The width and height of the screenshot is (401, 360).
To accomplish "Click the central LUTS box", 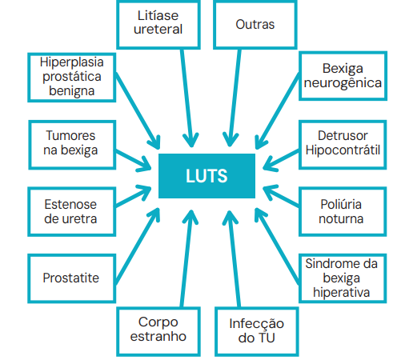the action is tap(207, 176).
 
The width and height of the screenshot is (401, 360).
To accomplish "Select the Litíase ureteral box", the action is tap(158, 25).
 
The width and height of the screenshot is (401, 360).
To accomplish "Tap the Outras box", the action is tap(255, 25).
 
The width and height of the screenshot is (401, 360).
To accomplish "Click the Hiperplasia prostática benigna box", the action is tap(72, 78).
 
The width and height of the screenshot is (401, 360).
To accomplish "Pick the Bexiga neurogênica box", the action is tap(343, 76).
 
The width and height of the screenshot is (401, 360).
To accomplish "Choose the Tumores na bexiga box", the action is tap(72, 145).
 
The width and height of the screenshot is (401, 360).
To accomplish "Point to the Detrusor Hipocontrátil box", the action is tap(343, 145).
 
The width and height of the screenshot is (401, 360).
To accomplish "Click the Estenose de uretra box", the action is tap(72, 212).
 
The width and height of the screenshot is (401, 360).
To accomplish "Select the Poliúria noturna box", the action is tap(343, 212).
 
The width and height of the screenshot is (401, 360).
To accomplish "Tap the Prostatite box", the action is tap(72, 278).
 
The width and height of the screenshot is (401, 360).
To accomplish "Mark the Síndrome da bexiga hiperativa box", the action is tap(343, 278).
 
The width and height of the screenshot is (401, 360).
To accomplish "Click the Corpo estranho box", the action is tap(158, 331).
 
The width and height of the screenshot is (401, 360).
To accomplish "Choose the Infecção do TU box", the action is tap(257, 331).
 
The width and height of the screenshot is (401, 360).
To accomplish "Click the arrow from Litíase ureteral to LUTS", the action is tap(186, 98).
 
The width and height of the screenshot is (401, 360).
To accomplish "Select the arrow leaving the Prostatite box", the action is tap(138, 246).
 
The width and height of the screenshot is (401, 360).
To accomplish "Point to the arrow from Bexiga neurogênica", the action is tap(278, 111).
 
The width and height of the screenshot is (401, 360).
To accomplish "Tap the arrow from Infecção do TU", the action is tap(233, 258).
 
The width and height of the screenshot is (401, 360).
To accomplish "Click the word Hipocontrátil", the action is tap(343, 150).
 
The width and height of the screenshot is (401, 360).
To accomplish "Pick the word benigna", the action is tap(72, 91).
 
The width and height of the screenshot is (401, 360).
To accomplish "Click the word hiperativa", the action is tap(342, 293).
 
